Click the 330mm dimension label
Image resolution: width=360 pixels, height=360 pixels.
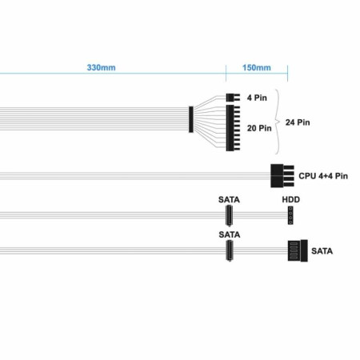click(101, 67)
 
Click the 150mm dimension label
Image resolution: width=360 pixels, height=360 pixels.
click(257, 67)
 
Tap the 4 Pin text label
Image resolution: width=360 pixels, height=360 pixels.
click(257, 98)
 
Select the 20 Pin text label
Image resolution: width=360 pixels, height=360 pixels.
click(259, 128)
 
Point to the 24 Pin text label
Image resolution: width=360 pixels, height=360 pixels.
click(298, 122)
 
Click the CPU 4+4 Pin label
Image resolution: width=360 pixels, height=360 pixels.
click(323, 176)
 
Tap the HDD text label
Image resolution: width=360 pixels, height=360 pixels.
click(291, 199)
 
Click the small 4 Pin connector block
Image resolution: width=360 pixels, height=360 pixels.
click(233, 98)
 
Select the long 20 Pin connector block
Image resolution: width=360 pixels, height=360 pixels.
click(233, 128)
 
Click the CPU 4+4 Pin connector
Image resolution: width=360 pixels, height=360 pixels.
click(282, 176)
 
